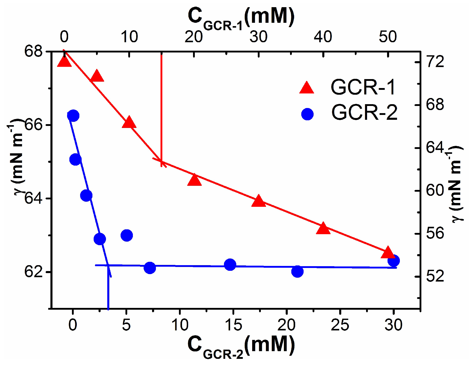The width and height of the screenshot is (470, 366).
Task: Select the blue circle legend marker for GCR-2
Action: coord(307,114)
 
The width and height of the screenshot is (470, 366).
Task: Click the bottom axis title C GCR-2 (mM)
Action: coord(241,347)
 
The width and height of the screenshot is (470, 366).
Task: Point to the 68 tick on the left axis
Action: coord(33,51)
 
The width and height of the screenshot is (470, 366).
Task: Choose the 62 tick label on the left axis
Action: coord(33,272)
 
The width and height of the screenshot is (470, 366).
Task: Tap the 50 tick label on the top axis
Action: coord(388,37)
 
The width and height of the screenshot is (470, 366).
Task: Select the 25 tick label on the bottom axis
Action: coord(340,325)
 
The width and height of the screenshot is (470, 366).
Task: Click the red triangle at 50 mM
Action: coord(388,253)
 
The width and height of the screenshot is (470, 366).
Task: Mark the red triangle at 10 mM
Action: coord(129,123)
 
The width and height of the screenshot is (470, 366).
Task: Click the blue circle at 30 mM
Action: coord(393,261)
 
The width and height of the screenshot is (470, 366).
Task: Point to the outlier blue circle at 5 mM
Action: coord(127,235)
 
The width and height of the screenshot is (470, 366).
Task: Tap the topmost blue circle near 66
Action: coord(73,116)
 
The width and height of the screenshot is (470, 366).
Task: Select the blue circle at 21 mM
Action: coord(297,271)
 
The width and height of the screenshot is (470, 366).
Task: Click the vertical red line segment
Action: coord(161,102)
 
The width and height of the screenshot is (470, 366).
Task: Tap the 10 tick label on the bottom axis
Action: coord(180,325)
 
